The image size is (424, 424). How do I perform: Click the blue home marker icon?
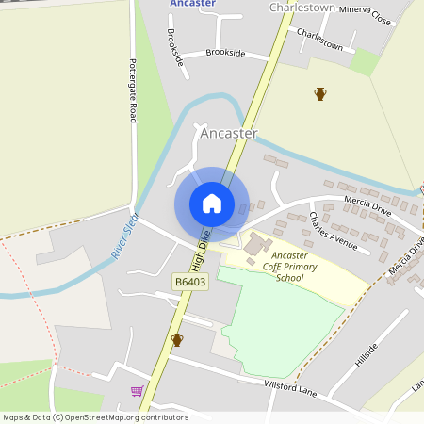(212, 204)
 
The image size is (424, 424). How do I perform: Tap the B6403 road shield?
(190, 282)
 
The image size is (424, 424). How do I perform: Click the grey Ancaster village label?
(228, 134)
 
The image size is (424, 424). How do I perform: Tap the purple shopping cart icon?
(137, 391)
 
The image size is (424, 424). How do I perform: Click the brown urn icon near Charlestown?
(320, 93)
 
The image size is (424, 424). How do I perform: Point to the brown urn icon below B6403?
(176, 339)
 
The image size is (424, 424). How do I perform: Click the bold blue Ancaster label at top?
(193, 4)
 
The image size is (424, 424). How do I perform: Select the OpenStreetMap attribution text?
(96, 416)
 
